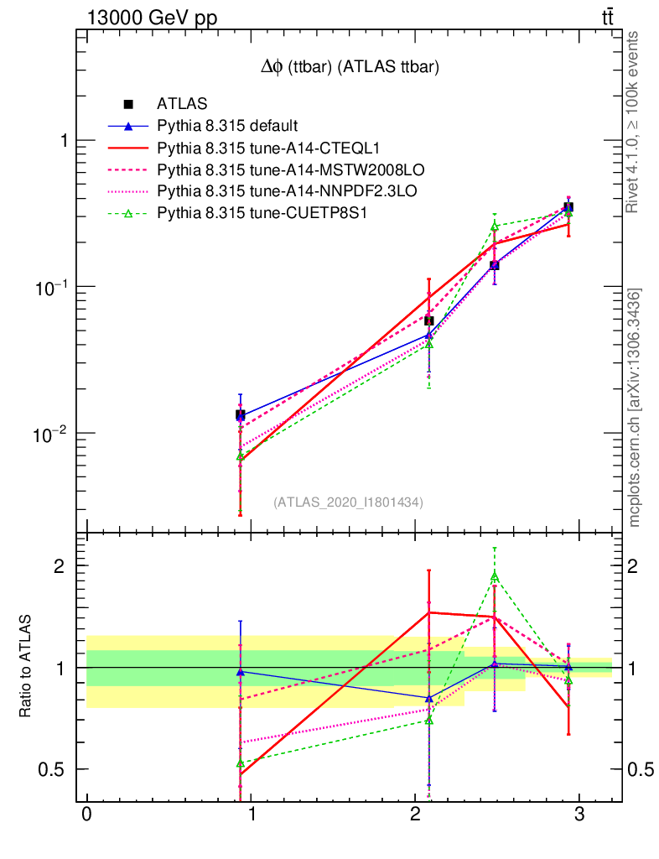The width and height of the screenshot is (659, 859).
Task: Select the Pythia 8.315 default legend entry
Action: click(227, 127)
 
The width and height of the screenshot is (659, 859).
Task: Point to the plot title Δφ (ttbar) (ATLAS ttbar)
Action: click(350, 68)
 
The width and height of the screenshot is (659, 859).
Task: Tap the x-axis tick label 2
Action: click(415, 815)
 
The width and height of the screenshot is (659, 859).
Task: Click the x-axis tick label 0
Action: click(86, 815)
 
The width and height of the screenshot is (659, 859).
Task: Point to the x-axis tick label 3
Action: click(579, 815)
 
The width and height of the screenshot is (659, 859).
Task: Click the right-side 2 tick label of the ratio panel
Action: click(637, 565)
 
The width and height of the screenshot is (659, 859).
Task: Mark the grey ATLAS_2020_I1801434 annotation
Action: click(348, 502)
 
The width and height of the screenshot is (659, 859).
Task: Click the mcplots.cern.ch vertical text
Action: click(636, 408)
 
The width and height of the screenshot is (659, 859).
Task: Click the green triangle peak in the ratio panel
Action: click(495, 575)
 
